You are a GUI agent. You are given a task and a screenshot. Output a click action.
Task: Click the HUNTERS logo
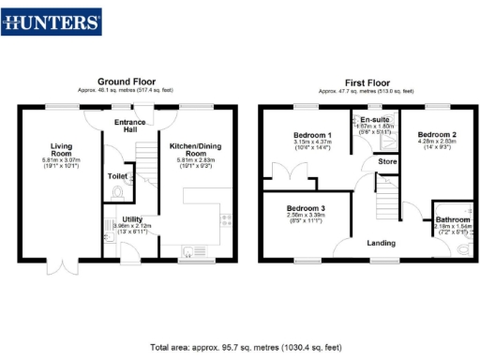point(52,21)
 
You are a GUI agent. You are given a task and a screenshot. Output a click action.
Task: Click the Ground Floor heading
point(128,82)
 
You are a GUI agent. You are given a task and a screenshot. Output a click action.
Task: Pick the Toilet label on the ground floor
point(117,175)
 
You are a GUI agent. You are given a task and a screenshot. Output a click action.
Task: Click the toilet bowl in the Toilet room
point(116,192)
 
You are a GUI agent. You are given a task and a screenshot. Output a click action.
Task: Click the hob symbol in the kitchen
point(225,221)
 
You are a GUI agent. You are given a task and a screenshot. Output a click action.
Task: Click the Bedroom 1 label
point(307,136)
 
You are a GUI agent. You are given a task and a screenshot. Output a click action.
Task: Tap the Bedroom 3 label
point(306,207)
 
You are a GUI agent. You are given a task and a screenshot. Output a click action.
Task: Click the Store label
point(387,161)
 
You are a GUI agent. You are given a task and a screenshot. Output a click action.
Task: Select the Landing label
point(380,243)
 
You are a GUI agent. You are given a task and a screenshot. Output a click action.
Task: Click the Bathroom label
point(451,219)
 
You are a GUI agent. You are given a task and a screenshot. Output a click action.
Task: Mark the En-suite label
point(376,119)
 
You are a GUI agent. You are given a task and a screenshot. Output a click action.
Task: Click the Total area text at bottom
point(240,346)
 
